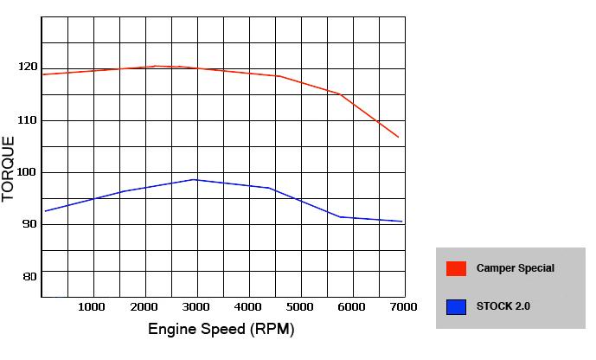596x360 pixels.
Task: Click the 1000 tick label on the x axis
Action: (91, 306)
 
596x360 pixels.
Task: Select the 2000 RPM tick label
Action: (144, 306)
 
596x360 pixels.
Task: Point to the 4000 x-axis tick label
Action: (248, 306)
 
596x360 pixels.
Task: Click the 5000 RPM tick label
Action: (300, 306)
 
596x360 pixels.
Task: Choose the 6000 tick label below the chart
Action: (352, 306)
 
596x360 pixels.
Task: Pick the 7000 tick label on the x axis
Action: (404, 306)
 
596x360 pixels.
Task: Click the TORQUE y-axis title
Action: (10, 169)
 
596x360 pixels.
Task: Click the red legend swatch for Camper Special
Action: (456, 268)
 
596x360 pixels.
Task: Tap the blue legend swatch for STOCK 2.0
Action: (456, 305)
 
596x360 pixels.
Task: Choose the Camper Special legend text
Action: (516, 268)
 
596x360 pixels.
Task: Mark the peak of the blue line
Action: (195, 179)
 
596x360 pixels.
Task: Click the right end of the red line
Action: (399, 137)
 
